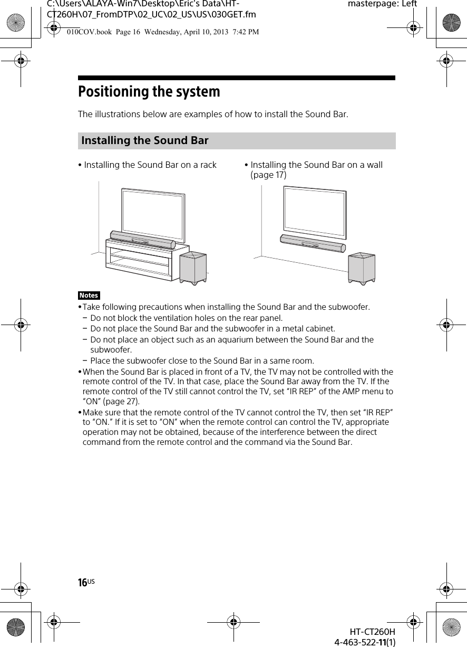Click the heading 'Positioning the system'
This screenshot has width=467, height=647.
(x=149, y=92)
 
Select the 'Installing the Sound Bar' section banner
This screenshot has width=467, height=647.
(x=237, y=141)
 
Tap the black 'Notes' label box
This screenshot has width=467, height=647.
(x=89, y=296)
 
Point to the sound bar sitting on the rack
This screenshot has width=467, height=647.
(x=142, y=240)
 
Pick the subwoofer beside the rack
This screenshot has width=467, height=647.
(x=193, y=267)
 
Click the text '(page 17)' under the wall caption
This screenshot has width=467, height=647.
(x=269, y=175)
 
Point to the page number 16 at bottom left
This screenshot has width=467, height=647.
(x=83, y=583)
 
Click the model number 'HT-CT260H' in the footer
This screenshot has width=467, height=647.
(x=373, y=632)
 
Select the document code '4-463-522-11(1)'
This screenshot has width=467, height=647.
(x=365, y=642)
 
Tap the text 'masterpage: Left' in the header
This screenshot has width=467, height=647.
(x=382, y=4)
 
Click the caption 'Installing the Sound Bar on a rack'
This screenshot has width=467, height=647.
(x=150, y=165)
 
